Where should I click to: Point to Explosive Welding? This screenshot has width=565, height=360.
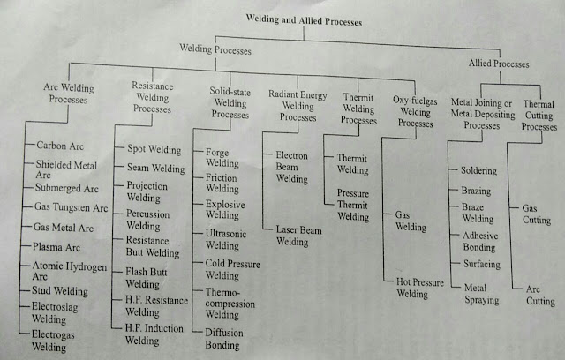[226, 209]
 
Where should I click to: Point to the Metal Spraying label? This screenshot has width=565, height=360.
[482, 293]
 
